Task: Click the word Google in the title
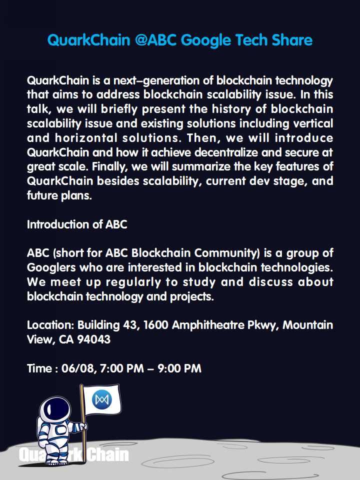click(206, 40)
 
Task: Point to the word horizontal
click(86, 138)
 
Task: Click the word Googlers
click(51, 267)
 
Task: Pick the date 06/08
click(78, 368)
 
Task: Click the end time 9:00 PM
click(179, 368)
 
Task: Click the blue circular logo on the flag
click(102, 399)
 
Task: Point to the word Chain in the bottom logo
click(108, 455)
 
